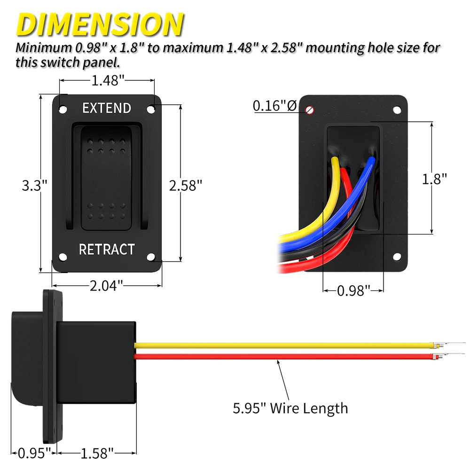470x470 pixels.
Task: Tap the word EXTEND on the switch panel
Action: click(x=107, y=108)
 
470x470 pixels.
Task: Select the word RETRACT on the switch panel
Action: click(x=107, y=249)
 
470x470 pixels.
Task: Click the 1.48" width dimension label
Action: click(x=108, y=81)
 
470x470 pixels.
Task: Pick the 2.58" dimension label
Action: click(x=186, y=185)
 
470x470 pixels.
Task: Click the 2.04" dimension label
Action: click(x=106, y=285)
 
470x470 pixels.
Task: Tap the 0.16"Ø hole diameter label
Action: click(x=274, y=106)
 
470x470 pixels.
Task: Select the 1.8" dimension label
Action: click(x=434, y=179)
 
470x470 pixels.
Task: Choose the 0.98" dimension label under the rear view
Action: click(x=353, y=291)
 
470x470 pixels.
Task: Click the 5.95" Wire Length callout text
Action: click(x=290, y=407)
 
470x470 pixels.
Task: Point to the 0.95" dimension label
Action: click(x=34, y=454)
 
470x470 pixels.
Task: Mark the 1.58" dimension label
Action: click(x=97, y=454)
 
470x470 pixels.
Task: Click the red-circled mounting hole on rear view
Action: click(x=310, y=110)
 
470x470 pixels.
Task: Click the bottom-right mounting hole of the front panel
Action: click(x=151, y=257)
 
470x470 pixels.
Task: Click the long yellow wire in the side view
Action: click(x=282, y=345)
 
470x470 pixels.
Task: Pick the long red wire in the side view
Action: click(x=282, y=357)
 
